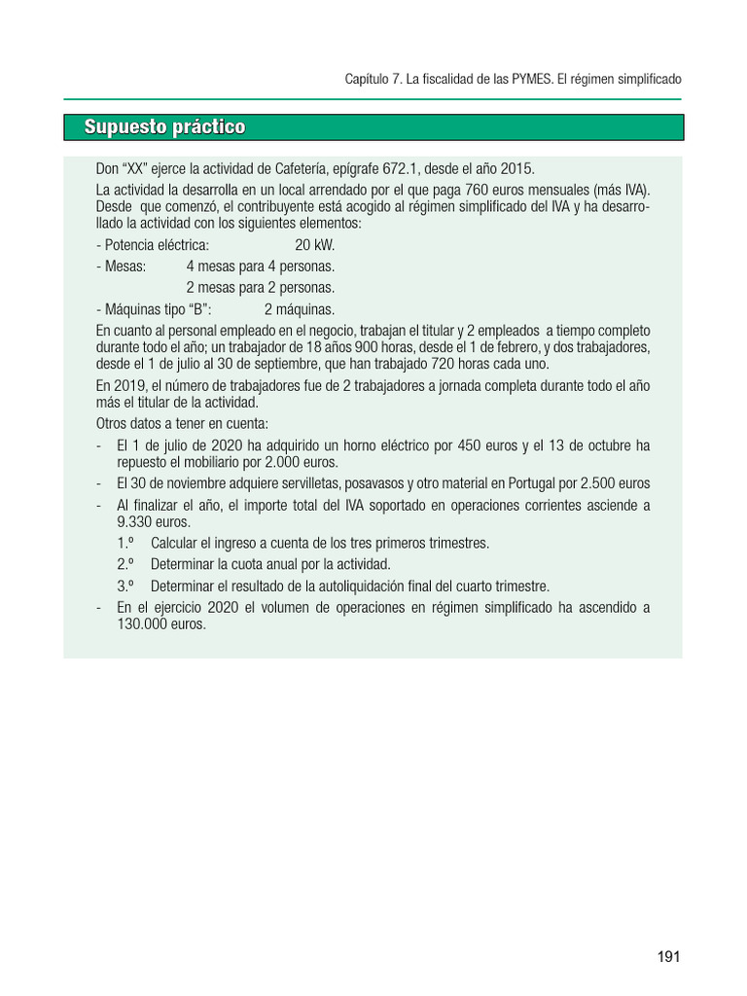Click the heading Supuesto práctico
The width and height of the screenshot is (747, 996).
point(164,127)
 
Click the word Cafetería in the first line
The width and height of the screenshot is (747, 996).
point(300,167)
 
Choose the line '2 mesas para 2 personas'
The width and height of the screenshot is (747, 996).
point(260,288)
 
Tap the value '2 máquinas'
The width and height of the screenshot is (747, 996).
point(299,309)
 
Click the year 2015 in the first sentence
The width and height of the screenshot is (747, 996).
point(516,167)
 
